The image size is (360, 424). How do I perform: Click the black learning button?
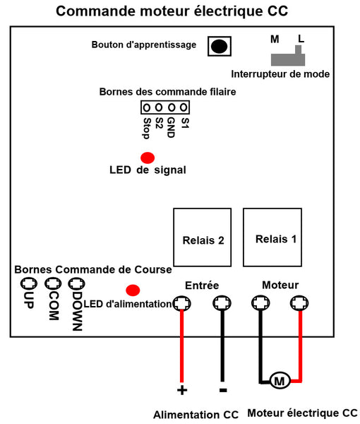coord(219,46)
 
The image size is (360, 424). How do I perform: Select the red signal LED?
coord(148,158)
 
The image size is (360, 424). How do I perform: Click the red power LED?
coord(133,290)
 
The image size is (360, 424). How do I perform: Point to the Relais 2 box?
coord(203,237)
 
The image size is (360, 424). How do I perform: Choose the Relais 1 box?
coord(272,237)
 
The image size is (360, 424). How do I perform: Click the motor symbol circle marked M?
coord(280,381)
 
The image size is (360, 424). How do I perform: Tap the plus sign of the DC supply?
coord(182,390)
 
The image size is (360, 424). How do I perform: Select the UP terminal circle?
coord(29,283)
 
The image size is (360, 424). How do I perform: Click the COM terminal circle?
coord(53,283)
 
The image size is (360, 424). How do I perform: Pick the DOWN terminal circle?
coord(76,284)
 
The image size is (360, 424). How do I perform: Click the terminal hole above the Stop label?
coord(146,108)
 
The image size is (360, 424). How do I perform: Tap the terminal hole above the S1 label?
coord(184,107)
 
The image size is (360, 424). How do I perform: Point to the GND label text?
coord(171,128)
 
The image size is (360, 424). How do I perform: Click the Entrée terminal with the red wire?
coord(181,303)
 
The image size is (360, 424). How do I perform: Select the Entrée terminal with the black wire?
coord(222,303)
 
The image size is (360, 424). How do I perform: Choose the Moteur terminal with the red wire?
coord(299,303)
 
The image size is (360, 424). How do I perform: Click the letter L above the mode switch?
coord(301,39)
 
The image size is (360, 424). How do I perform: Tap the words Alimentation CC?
coord(196,415)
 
